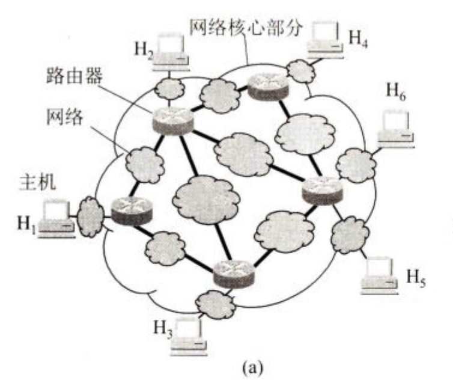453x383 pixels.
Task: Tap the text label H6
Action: coord(396,91)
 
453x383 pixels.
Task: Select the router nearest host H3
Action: coord(234,273)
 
